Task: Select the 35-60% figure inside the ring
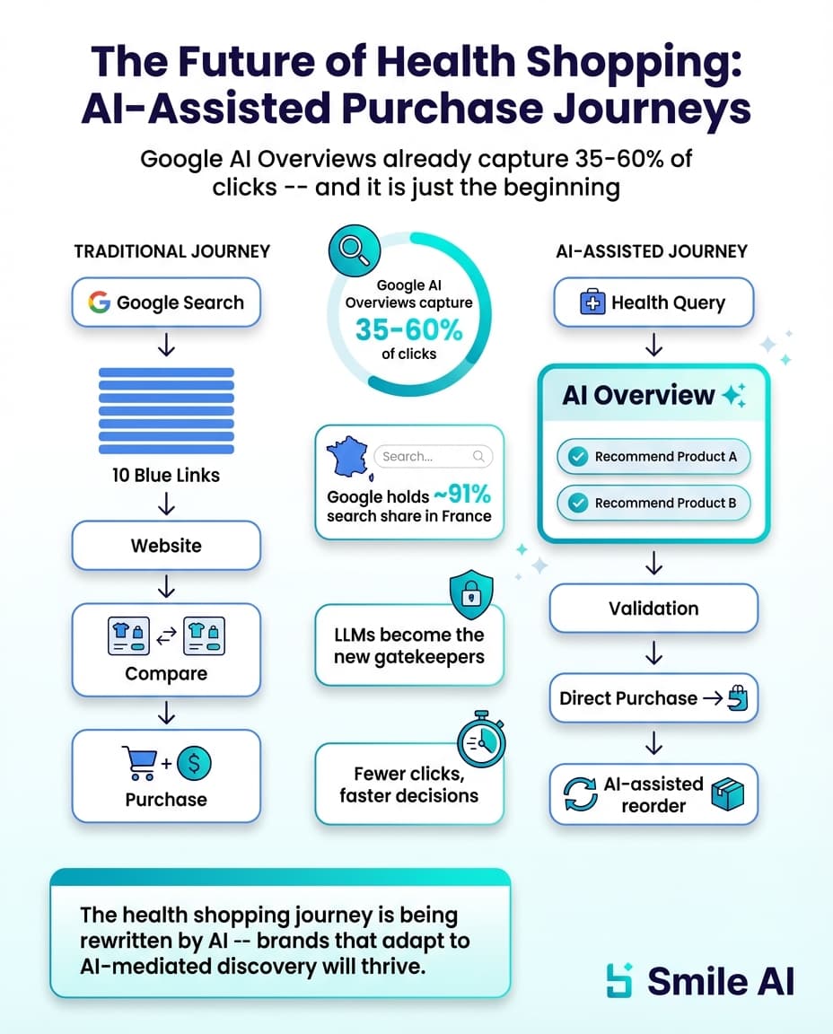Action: [x=408, y=329]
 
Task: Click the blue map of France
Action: [x=346, y=459]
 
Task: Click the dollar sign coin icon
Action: [x=195, y=765]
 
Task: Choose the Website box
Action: [x=166, y=546]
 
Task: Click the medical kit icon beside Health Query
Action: [x=593, y=303]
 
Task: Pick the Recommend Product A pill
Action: [x=653, y=457]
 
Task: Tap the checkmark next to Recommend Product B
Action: [x=576, y=504]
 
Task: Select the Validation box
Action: [x=653, y=609]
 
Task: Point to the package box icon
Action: [x=728, y=793]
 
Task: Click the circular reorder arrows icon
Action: [x=580, y=794]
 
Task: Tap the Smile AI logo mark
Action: [x=619, y=980]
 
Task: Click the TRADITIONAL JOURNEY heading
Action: [x=171, y=252]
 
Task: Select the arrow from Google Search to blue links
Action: [x=166, y=346]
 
